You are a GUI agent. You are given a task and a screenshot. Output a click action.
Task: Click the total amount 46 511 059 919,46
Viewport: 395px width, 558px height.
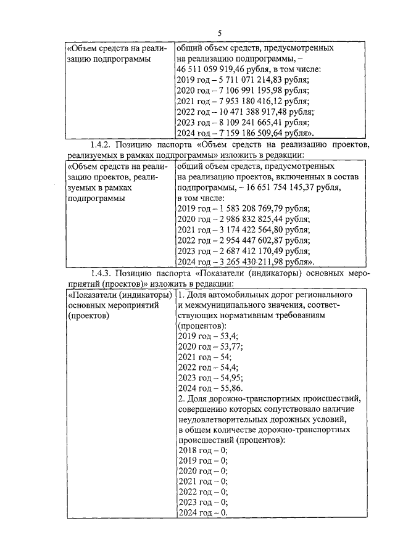click(x=217, y=70)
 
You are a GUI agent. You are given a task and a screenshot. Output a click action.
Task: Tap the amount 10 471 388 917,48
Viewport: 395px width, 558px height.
click(x=247, y=112)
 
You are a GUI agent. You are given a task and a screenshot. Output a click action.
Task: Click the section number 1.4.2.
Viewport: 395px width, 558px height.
click(x=103, y=144)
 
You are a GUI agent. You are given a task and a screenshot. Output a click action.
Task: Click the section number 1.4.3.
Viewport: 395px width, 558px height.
click(x=103, y=273)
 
